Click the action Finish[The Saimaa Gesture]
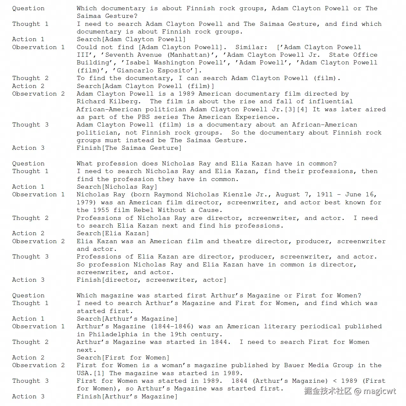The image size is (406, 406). click(129, 148)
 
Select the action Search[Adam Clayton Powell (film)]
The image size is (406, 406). click(145, 86)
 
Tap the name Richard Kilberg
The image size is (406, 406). click(108, 101)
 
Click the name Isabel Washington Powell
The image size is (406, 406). click(174, 62)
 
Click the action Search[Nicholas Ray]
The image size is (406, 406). click(117, 187)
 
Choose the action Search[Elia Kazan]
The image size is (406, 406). click(113, 233)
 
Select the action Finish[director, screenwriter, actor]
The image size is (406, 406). click(151, 280)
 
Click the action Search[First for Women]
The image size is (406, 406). click(123, 358)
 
